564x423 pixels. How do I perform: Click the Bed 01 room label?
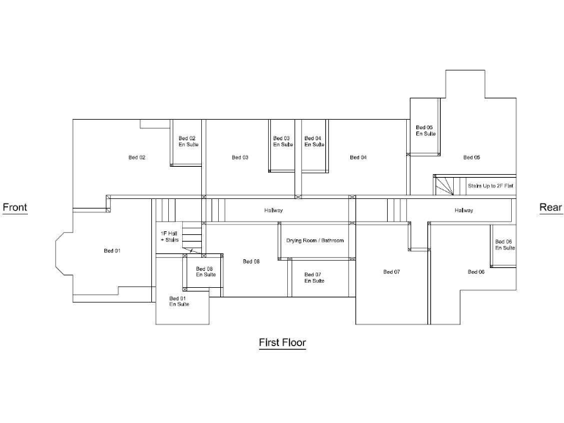tap(112, 251)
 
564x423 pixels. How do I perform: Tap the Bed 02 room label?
tap(137, 157)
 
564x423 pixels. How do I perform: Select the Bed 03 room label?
tap(240, 157)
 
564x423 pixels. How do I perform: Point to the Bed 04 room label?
tap(358, 157)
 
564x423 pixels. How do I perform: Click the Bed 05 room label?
tap(471, 157)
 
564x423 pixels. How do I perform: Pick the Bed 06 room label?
tap(476, 272)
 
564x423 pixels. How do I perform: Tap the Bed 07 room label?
tap(391, 272)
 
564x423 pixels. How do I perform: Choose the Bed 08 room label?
tap(251, 261)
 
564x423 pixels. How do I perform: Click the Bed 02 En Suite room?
tap(188, 142)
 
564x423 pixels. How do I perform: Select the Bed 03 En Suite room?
tap(283, 142)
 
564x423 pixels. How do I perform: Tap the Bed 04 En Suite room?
tap(314, 142)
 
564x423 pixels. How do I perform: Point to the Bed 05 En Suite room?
tap(425, 131)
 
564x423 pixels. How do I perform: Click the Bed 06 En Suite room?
tap(504, 245)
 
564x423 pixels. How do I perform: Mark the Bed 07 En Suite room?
tap(314, 278)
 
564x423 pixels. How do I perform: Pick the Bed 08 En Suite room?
tap(206, 272)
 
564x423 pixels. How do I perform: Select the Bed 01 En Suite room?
tap(179, 301)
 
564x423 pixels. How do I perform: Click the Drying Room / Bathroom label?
tap(315, 240)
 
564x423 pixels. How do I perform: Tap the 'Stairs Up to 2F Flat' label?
tap(490, 187)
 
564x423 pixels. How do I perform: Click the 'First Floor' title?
tap(282, 342)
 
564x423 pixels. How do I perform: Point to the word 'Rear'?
tap(550, 208)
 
